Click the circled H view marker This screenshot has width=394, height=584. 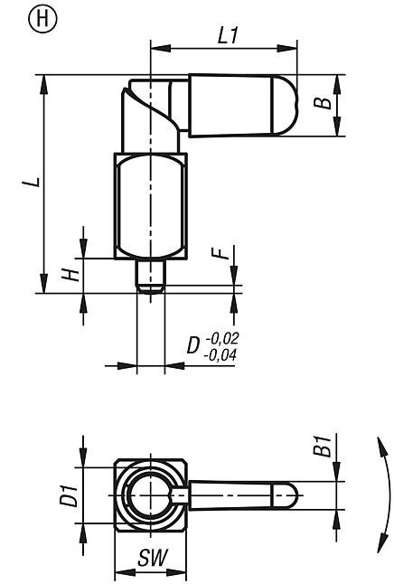(17, 17)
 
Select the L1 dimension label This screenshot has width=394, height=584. (228, 34)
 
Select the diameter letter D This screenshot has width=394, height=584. (192, 347)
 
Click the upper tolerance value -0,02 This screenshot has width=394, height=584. (223, 338)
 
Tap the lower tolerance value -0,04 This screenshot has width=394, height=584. (223, 355)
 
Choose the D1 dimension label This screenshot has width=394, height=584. (70, 494)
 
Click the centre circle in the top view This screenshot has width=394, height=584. (149, 495)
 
